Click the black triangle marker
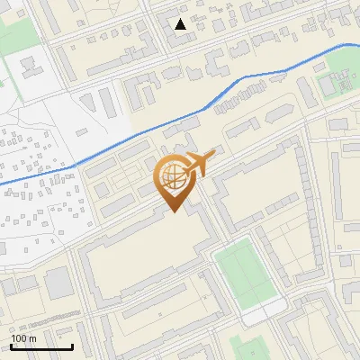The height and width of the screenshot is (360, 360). [181, 24]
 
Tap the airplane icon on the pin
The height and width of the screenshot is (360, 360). [199, 164]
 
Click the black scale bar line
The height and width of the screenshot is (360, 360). [41, 346]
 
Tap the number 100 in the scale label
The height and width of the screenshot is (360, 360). [20, 338]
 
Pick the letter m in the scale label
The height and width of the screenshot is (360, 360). [32, 338]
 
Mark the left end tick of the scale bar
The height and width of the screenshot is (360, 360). [11, 345]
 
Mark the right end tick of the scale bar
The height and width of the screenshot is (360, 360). [72, 345]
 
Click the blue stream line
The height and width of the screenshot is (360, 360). [135, 136]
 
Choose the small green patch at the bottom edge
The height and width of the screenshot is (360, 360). [247, 349]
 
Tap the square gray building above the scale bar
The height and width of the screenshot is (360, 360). [58, 283]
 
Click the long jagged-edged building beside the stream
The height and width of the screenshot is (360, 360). [238, 102]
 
